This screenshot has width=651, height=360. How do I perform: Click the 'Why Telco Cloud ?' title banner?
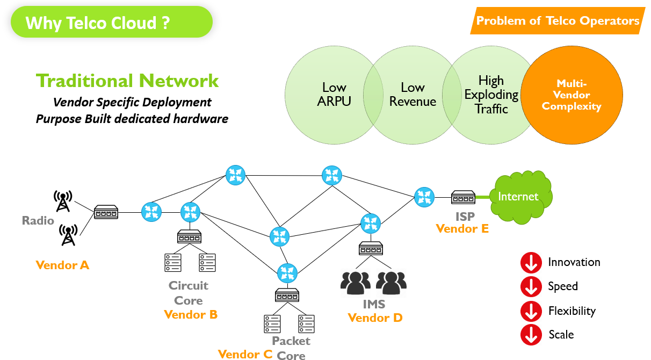111,23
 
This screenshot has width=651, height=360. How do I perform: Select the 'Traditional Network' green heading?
127,81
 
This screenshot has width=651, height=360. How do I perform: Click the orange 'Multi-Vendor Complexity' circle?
571,95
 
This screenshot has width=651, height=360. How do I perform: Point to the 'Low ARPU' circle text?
334,94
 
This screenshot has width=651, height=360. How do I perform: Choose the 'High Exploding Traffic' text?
491,95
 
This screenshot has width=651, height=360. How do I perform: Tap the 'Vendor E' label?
462,228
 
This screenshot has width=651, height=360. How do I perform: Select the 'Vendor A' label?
62,265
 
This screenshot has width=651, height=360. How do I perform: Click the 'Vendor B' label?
191,314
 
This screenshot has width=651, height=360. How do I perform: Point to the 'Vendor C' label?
245,354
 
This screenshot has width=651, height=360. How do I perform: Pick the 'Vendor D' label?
375,318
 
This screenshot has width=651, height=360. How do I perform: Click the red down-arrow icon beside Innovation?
531,263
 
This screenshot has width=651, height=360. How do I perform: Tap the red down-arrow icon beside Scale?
531,335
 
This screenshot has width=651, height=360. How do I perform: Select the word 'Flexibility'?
572,311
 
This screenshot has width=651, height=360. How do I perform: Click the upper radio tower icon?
63,201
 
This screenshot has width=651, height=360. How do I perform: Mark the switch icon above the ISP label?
462,198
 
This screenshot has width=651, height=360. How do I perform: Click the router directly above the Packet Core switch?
287,273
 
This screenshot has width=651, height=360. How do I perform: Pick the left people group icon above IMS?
356,283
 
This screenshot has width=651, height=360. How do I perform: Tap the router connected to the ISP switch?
424,197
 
